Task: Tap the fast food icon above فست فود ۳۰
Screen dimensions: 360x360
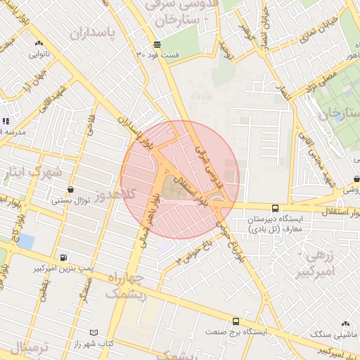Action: (x=155, y=44)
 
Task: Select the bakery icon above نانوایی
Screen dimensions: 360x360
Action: (x=38, y=43)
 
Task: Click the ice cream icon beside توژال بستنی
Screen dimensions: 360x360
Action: (x=70, y=190)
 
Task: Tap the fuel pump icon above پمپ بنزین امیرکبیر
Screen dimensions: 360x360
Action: (x=64, y=258)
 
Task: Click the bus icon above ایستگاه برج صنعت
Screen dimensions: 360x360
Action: (x=236, y=320)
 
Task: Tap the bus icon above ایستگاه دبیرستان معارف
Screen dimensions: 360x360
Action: (x=275, y=208)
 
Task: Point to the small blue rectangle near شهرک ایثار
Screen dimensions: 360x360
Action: (x=26, y=241)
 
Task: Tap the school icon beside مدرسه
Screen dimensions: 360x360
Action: (x=5, y=122)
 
